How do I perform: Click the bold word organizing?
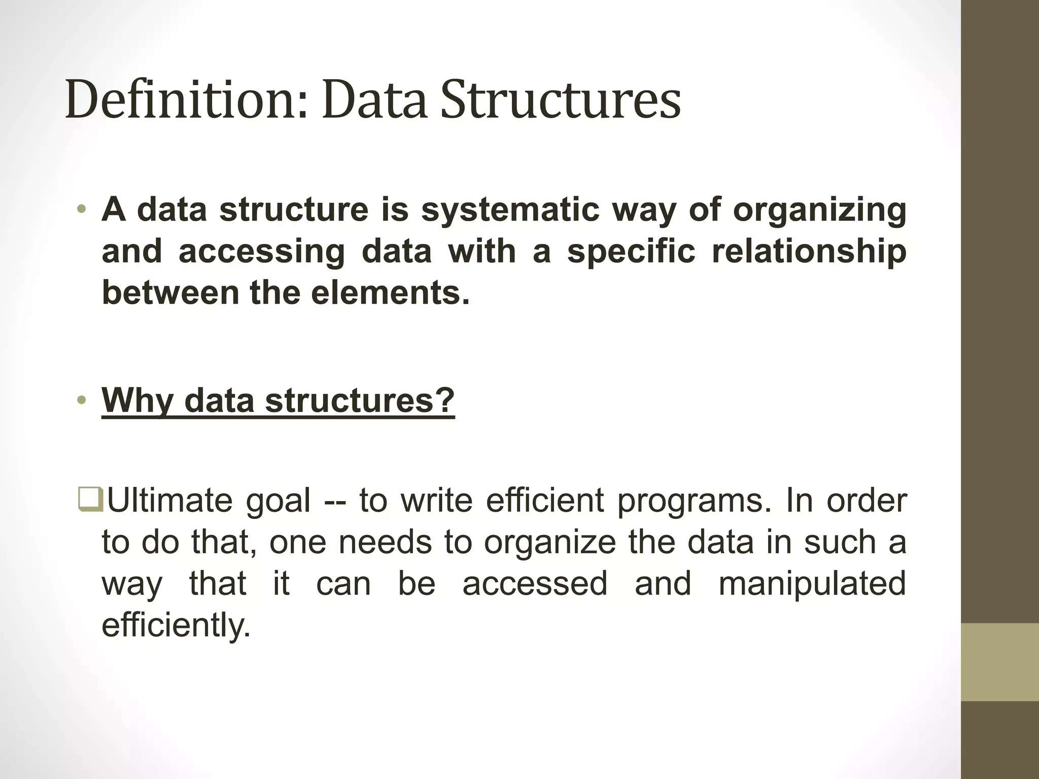[819, 210]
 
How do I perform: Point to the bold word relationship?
[809, 252]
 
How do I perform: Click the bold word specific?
[631, 252]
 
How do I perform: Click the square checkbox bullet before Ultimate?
[91, 500]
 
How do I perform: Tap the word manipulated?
[812, 584]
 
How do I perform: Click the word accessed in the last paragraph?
[535, 584]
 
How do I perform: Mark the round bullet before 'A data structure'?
[82, 210]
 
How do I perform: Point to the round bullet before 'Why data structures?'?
[82, 401]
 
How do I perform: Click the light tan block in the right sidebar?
[999, 662]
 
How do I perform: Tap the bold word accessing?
[262, 252]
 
